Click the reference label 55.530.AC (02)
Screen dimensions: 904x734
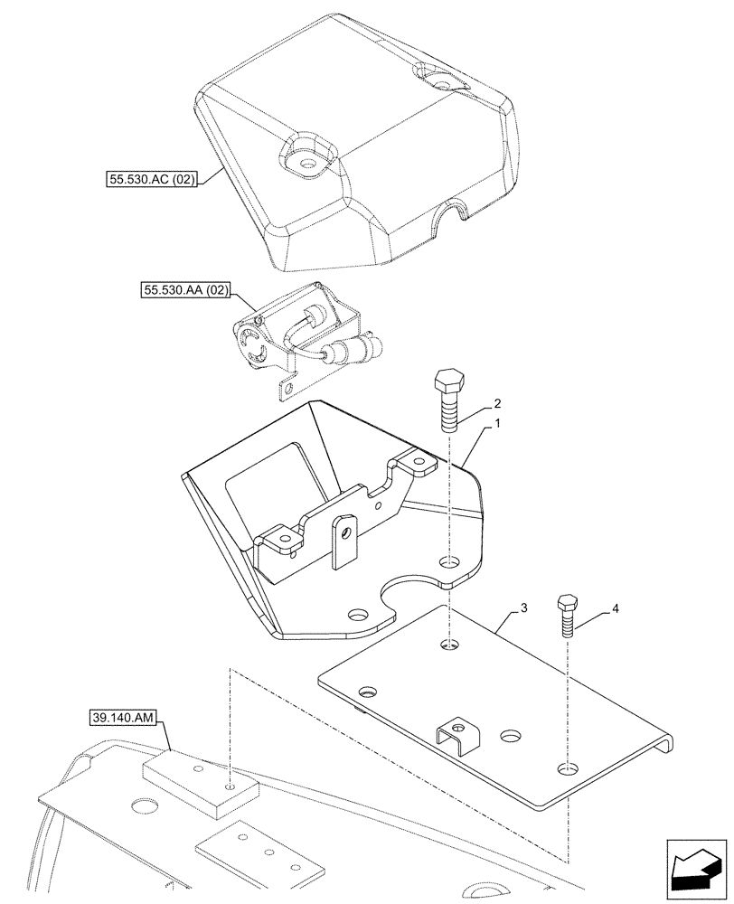point(148,181)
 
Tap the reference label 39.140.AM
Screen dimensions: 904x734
point(124,719)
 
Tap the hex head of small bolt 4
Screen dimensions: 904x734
point(568,602)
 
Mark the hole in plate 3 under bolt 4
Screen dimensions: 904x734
point(566,769)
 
